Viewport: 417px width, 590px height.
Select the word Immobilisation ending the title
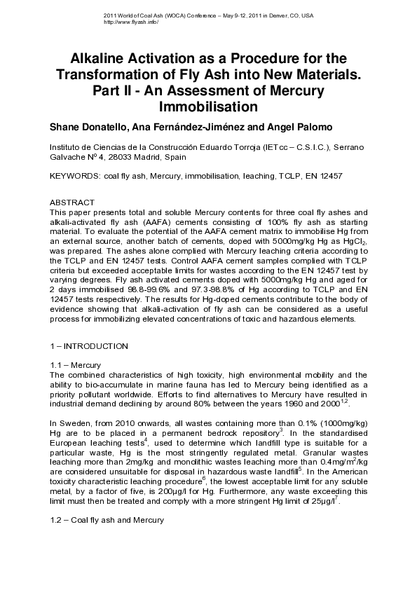point(208,107)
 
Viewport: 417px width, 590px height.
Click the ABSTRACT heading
point(71,202)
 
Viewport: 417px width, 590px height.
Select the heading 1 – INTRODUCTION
point(88,346)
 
